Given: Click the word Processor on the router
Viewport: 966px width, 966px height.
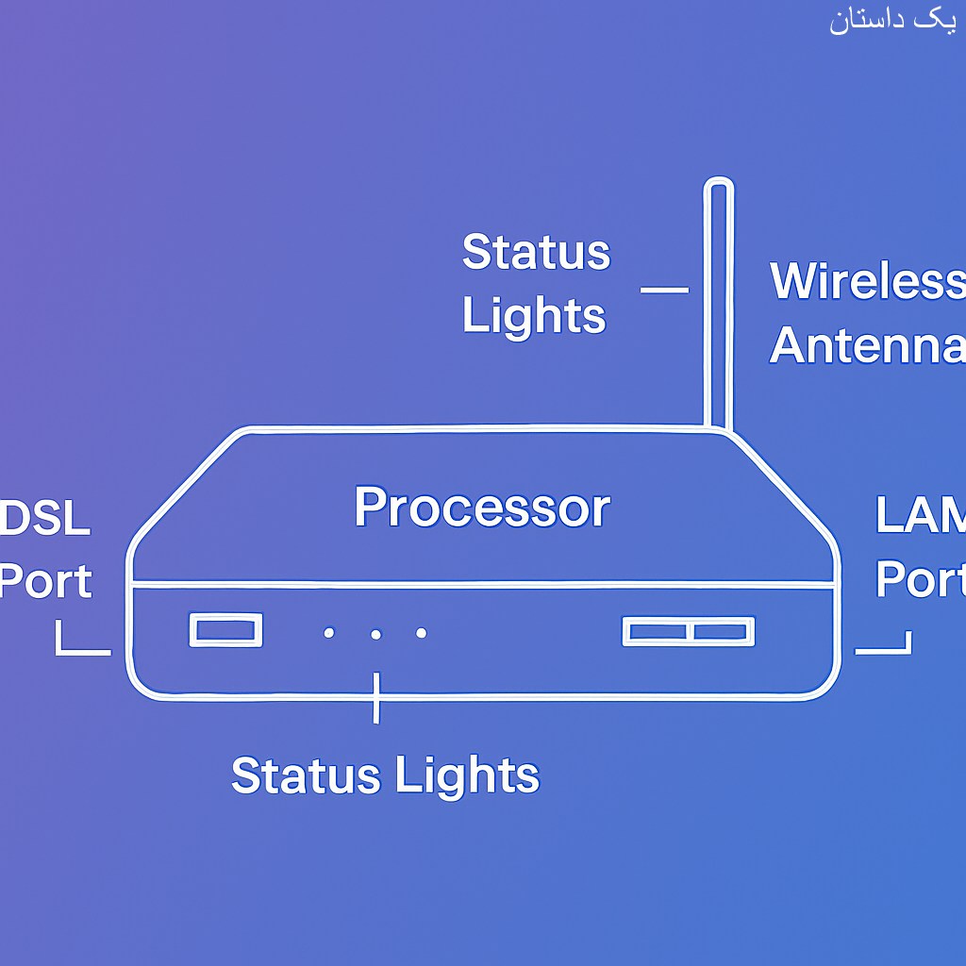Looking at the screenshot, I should point(482,508).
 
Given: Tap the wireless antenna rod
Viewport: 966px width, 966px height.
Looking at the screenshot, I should point(719,302).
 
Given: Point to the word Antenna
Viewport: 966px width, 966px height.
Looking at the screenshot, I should point(866,345).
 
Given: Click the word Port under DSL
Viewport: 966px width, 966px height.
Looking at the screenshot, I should point(45,581).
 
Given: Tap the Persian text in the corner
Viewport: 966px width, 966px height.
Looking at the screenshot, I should point(892,21).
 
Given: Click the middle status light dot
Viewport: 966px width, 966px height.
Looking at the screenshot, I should point(375,634).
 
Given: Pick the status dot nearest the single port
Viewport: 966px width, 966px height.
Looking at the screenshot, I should point(328,633).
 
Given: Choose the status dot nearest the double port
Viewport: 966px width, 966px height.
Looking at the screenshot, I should point(421,633).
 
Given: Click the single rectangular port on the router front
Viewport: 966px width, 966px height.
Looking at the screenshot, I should point(225,630).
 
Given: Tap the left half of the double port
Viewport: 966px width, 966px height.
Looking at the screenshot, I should point(657,631).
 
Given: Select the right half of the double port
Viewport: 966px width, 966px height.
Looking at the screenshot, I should point(722,631).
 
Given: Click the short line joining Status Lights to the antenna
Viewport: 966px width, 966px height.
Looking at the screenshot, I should point(664,290).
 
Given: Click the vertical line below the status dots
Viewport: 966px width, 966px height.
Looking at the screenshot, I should point(376,698).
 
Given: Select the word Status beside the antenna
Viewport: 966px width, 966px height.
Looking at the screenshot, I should point(536,253).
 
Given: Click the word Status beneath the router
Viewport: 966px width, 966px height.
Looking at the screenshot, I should point(304,775).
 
